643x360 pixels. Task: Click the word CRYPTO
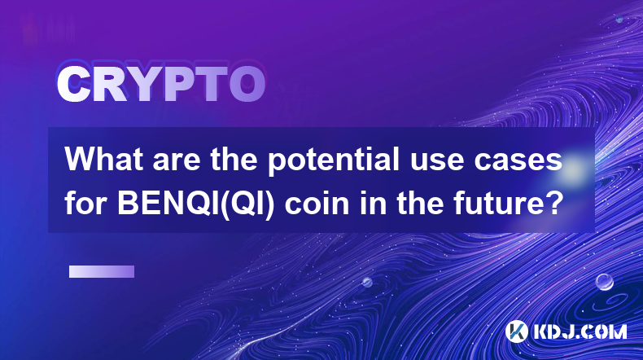pyautogui.click(x=161, y=84)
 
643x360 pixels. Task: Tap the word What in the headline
pyautogui.click(x=104, y=160)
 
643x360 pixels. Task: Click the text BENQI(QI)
pyautogui.click(x=195, y=204)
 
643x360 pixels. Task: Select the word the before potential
pyautogui.click(x=234, y=160)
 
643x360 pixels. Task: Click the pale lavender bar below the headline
pyautogui.click(x=102, y=272)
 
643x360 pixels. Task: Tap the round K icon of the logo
pyautogui.click(x=517, y=331)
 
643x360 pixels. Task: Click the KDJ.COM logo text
pyautogui.click(x=580, y=331)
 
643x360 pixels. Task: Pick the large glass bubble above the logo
pyautogui.click(x=604, y=282)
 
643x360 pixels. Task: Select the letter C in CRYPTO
pyautogui.click(x=73, y=84)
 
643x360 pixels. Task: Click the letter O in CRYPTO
pyautogui.click(x=247, y=84)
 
